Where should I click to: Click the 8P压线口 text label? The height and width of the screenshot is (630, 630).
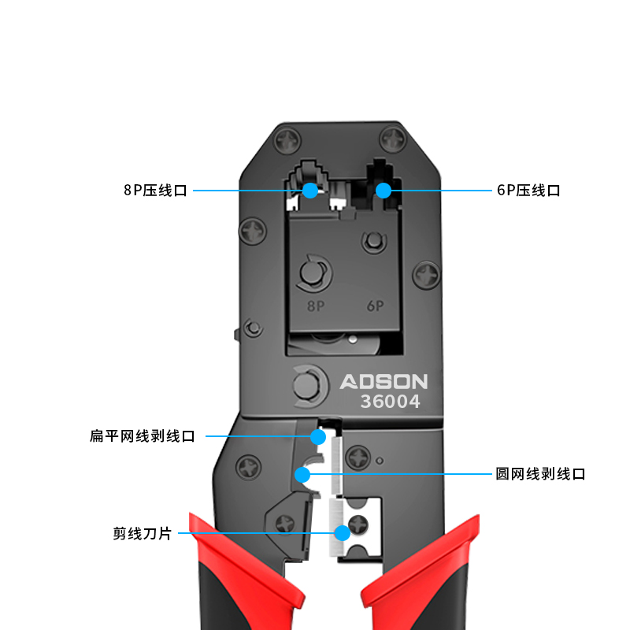155,191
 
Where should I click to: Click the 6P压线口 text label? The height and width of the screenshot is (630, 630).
528,191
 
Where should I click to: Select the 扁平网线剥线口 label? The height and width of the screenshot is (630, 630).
143,436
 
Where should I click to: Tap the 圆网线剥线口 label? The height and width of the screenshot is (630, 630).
540,474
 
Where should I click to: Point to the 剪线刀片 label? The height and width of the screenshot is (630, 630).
142,534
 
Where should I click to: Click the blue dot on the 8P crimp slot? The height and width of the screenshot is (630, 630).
309,190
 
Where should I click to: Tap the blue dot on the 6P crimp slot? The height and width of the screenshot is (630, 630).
384,190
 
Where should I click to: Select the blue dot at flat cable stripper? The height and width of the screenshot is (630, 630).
318,436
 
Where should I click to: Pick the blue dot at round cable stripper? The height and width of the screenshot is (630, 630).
301,474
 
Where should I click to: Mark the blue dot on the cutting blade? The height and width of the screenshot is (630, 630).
342,533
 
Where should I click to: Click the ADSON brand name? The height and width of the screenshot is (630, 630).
384,382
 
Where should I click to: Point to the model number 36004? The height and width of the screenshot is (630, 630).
391,402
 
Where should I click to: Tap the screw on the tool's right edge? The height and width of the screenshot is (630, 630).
426,274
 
